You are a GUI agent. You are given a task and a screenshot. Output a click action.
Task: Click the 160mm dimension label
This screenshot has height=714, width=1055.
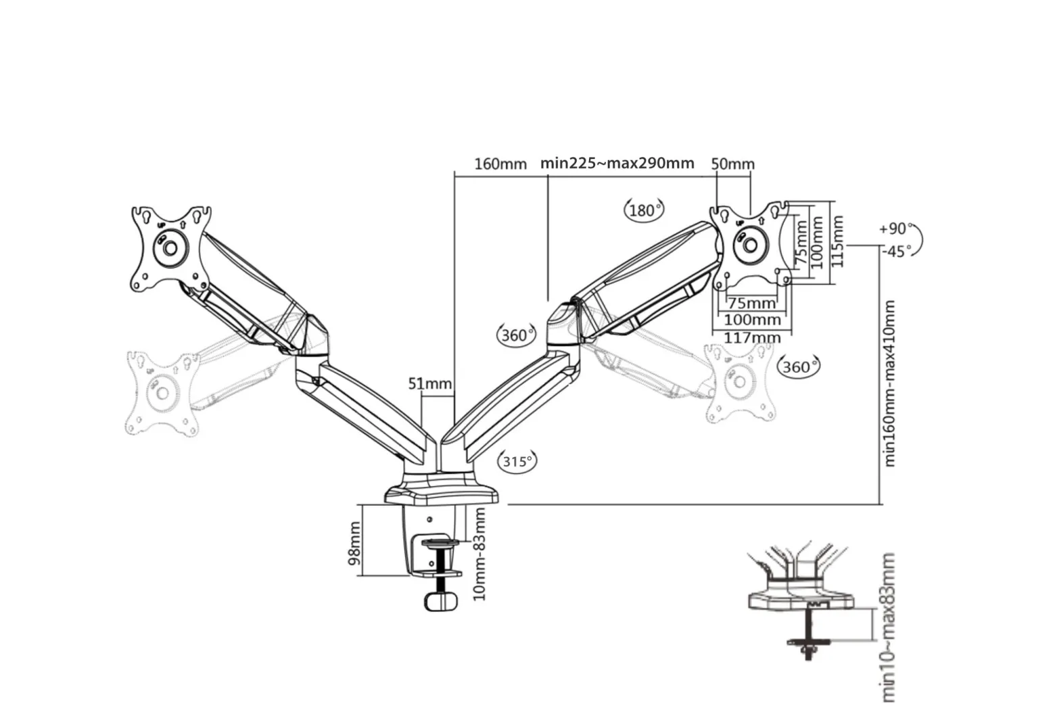pos(500,164)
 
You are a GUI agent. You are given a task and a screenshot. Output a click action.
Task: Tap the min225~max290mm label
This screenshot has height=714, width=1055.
pos(617,163)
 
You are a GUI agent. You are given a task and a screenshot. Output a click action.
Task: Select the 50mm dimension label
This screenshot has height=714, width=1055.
pos(733,164)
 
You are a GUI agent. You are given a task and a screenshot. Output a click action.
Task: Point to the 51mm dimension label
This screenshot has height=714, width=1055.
pos(430,384)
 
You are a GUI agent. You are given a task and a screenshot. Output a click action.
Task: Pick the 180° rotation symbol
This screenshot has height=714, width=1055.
pos(644,210)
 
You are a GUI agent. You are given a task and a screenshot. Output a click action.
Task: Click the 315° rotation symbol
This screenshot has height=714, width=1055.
pos(517,461)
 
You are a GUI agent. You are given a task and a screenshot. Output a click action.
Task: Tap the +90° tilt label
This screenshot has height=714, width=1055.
pos(895,229)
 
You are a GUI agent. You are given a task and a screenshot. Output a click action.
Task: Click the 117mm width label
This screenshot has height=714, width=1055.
pos(752,337)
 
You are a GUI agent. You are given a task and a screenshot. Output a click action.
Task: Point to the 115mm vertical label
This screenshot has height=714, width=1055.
pos(837,241)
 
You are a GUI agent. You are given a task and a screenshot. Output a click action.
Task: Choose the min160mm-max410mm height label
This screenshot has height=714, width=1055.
pos(889,384)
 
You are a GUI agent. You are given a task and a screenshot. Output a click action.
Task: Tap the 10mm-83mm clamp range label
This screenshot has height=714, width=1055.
pos(479,554)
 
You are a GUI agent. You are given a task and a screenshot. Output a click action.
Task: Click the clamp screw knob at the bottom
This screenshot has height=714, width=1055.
pos(442,602)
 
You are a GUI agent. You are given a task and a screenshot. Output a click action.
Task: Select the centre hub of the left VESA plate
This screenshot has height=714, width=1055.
pos(170,248)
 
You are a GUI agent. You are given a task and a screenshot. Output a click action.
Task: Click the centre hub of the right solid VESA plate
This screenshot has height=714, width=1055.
pos(750,245)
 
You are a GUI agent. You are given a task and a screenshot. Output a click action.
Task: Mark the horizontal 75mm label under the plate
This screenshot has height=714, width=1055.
pos(752,303)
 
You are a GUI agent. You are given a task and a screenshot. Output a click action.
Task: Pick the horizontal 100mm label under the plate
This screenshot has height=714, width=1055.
pos(752,320)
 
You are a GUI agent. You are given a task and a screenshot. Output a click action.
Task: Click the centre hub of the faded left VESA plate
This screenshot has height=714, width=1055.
pos(162,393)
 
